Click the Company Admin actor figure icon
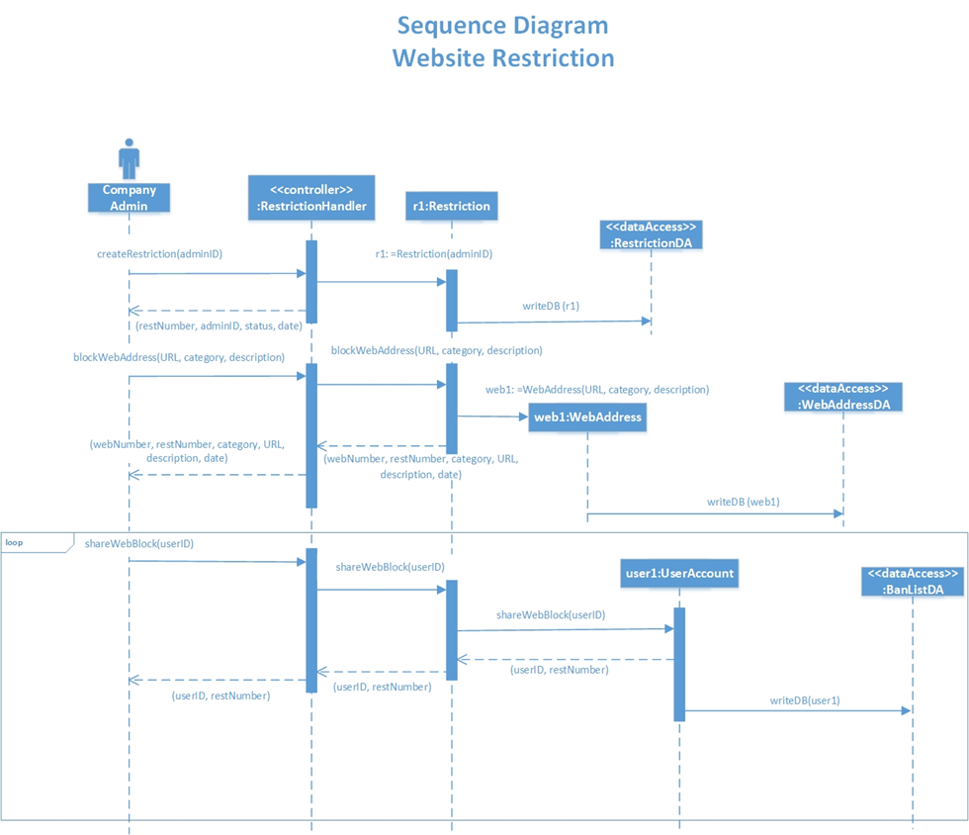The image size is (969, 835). (x=129, y=159)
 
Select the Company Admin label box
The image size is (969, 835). (x=129, y=198)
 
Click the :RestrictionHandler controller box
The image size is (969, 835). (x=311, y=197)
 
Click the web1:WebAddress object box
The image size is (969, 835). (x=587, y=417)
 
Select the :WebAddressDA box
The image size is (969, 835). (x=843, y=397)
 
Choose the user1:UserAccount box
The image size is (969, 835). (x=679, y=573)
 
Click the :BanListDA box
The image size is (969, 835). (x=912, y=582)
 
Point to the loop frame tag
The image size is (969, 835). (x=16, y=542)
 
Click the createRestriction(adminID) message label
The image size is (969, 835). (x=159, y=253)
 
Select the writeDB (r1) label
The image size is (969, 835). (x=551, y=306)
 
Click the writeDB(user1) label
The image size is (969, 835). (x=805, y=700)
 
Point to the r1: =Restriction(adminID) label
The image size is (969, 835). (x=433, y=253)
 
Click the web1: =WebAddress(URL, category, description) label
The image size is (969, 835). (x=596, y=389)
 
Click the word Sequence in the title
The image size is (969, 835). (x=454, y=25)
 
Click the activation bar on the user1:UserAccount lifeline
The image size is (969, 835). (x=679, y=664)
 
